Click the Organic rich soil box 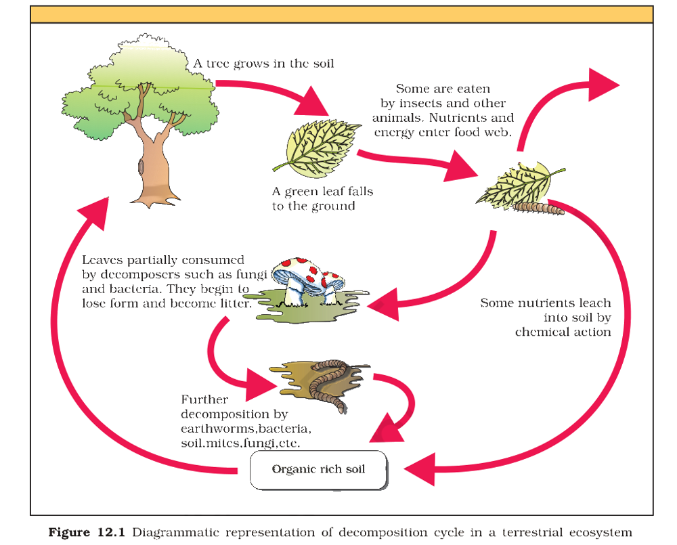pos(319,470)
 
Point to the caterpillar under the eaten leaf pos(538,208)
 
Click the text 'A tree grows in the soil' pos(264,64)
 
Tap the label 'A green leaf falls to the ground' pos(322,198)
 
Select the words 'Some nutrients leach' pos(546,303)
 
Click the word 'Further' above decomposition pos(204,399)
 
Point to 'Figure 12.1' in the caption pos(87,532)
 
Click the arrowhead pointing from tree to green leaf pos(311,102)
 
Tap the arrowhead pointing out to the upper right pos(603,84)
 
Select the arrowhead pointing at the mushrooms pos(383,305)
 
